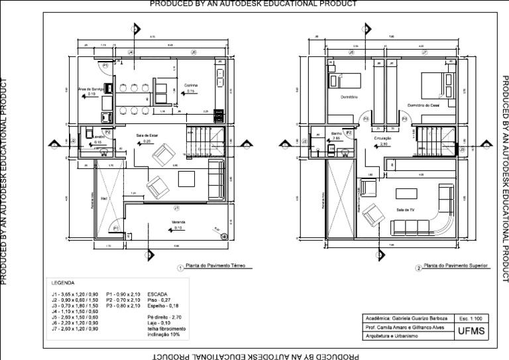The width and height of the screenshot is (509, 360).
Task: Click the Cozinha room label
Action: pos(191,86)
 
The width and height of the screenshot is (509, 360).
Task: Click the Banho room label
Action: pos(336,133)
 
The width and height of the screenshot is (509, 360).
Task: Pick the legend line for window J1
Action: pos(75,294)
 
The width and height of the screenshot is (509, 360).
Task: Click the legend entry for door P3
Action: pos(123,306)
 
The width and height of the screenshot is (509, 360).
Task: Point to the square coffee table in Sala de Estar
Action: pos(186,179)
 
